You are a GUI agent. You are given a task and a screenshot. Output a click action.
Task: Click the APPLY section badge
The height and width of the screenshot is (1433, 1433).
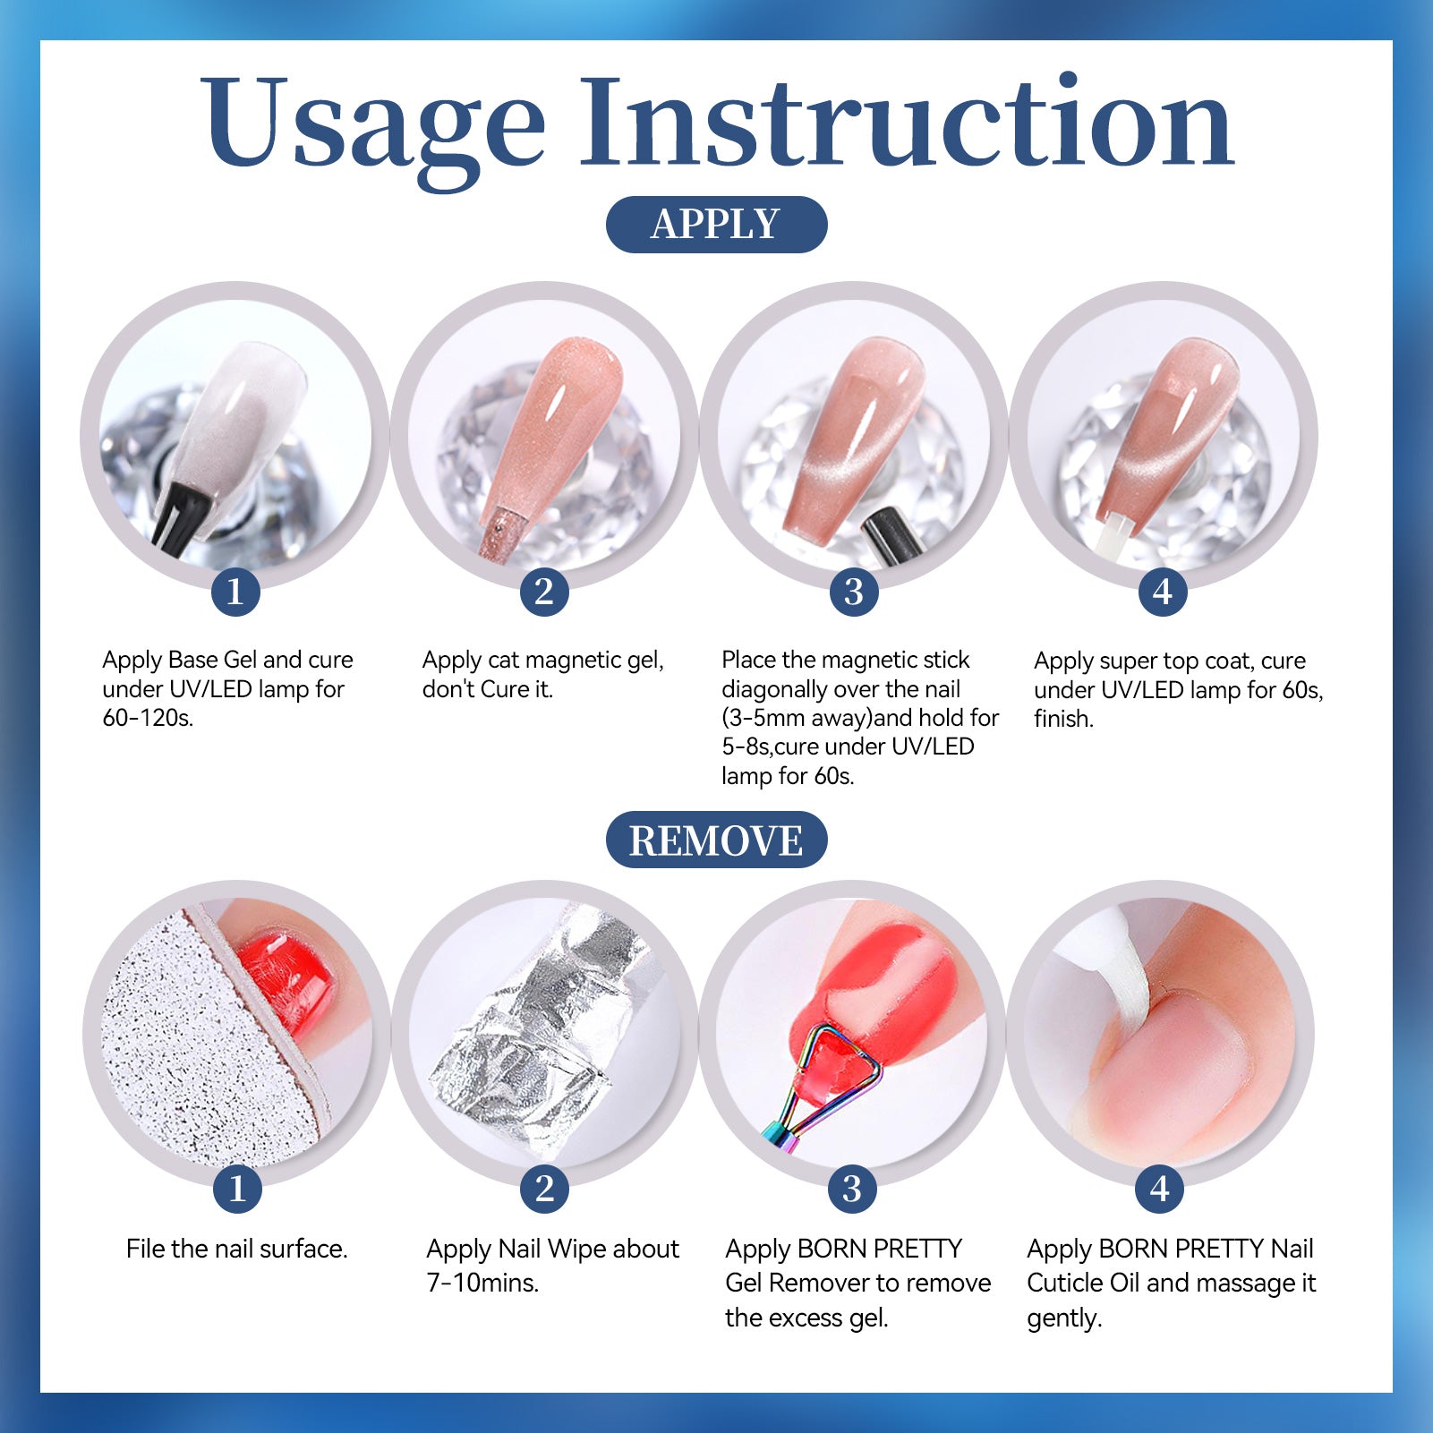point(716,224)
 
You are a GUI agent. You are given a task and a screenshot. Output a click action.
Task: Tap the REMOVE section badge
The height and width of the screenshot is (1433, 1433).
point(716,840)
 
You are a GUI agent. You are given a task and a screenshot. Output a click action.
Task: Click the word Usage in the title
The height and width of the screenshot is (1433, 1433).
point(372,125)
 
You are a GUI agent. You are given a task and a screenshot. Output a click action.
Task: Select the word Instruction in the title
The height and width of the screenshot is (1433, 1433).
point(907,121)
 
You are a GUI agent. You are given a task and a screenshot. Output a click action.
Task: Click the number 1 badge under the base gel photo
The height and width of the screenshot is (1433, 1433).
point(235,592)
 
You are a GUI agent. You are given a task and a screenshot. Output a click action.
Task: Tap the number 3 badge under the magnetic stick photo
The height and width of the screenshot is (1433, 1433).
point(854,592)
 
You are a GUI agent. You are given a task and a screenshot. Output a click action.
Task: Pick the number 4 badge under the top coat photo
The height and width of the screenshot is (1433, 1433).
point(1163,592)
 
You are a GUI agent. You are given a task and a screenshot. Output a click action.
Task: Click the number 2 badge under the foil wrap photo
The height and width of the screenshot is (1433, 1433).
point(544,1189)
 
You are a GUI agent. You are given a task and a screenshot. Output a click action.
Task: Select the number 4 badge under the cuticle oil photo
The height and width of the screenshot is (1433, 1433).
point(1160,1189)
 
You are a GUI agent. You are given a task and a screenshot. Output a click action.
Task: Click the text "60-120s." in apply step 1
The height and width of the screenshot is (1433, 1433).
point(148,718)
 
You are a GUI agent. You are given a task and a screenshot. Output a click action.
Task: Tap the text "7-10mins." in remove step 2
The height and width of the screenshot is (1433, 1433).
point(482,1283)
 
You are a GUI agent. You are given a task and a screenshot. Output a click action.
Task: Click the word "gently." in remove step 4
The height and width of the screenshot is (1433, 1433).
point(1064,1318)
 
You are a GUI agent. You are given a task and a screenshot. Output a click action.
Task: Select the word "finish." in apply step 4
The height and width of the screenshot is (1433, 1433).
point(1063,719)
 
